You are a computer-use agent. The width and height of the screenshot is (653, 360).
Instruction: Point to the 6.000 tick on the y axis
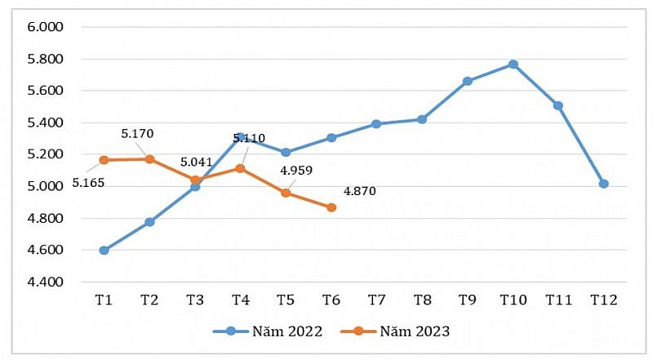click(x=46, y=27)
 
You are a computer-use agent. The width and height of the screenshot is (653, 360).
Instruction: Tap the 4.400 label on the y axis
click(x=46, y=282)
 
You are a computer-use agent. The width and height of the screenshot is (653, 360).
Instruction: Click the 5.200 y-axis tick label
click(x=46, y=154)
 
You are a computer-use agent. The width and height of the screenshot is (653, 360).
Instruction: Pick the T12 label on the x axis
click(x=603, y=300)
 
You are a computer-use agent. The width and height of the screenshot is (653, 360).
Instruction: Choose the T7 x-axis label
click(x=376, y=300)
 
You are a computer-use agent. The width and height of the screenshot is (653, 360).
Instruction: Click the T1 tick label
click(x=104, y=300)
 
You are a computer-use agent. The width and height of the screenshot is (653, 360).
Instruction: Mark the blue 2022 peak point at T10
click(x=513, y=64)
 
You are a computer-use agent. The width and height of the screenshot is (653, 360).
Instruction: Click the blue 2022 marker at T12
click(x=603, y=184)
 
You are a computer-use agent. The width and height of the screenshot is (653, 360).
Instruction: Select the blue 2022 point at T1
click(x=104, y=251)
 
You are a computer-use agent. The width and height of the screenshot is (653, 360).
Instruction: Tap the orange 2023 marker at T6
click(x=331, y=207)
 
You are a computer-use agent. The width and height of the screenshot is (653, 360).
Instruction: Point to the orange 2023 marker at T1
click(x=104, y=160)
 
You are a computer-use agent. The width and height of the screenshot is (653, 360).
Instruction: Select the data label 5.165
click(x=89, y=182)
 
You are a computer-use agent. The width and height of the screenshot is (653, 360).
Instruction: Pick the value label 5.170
click(x=137, y=133)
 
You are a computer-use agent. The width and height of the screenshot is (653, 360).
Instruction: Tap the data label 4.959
click(x=296, y=171)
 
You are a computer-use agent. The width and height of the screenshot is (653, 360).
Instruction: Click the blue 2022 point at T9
click(x=467, y=81)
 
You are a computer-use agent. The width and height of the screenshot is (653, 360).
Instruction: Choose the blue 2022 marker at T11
click(x=557, y=105)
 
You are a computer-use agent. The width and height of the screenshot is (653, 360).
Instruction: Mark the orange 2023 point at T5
click(x=286, y=193)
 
